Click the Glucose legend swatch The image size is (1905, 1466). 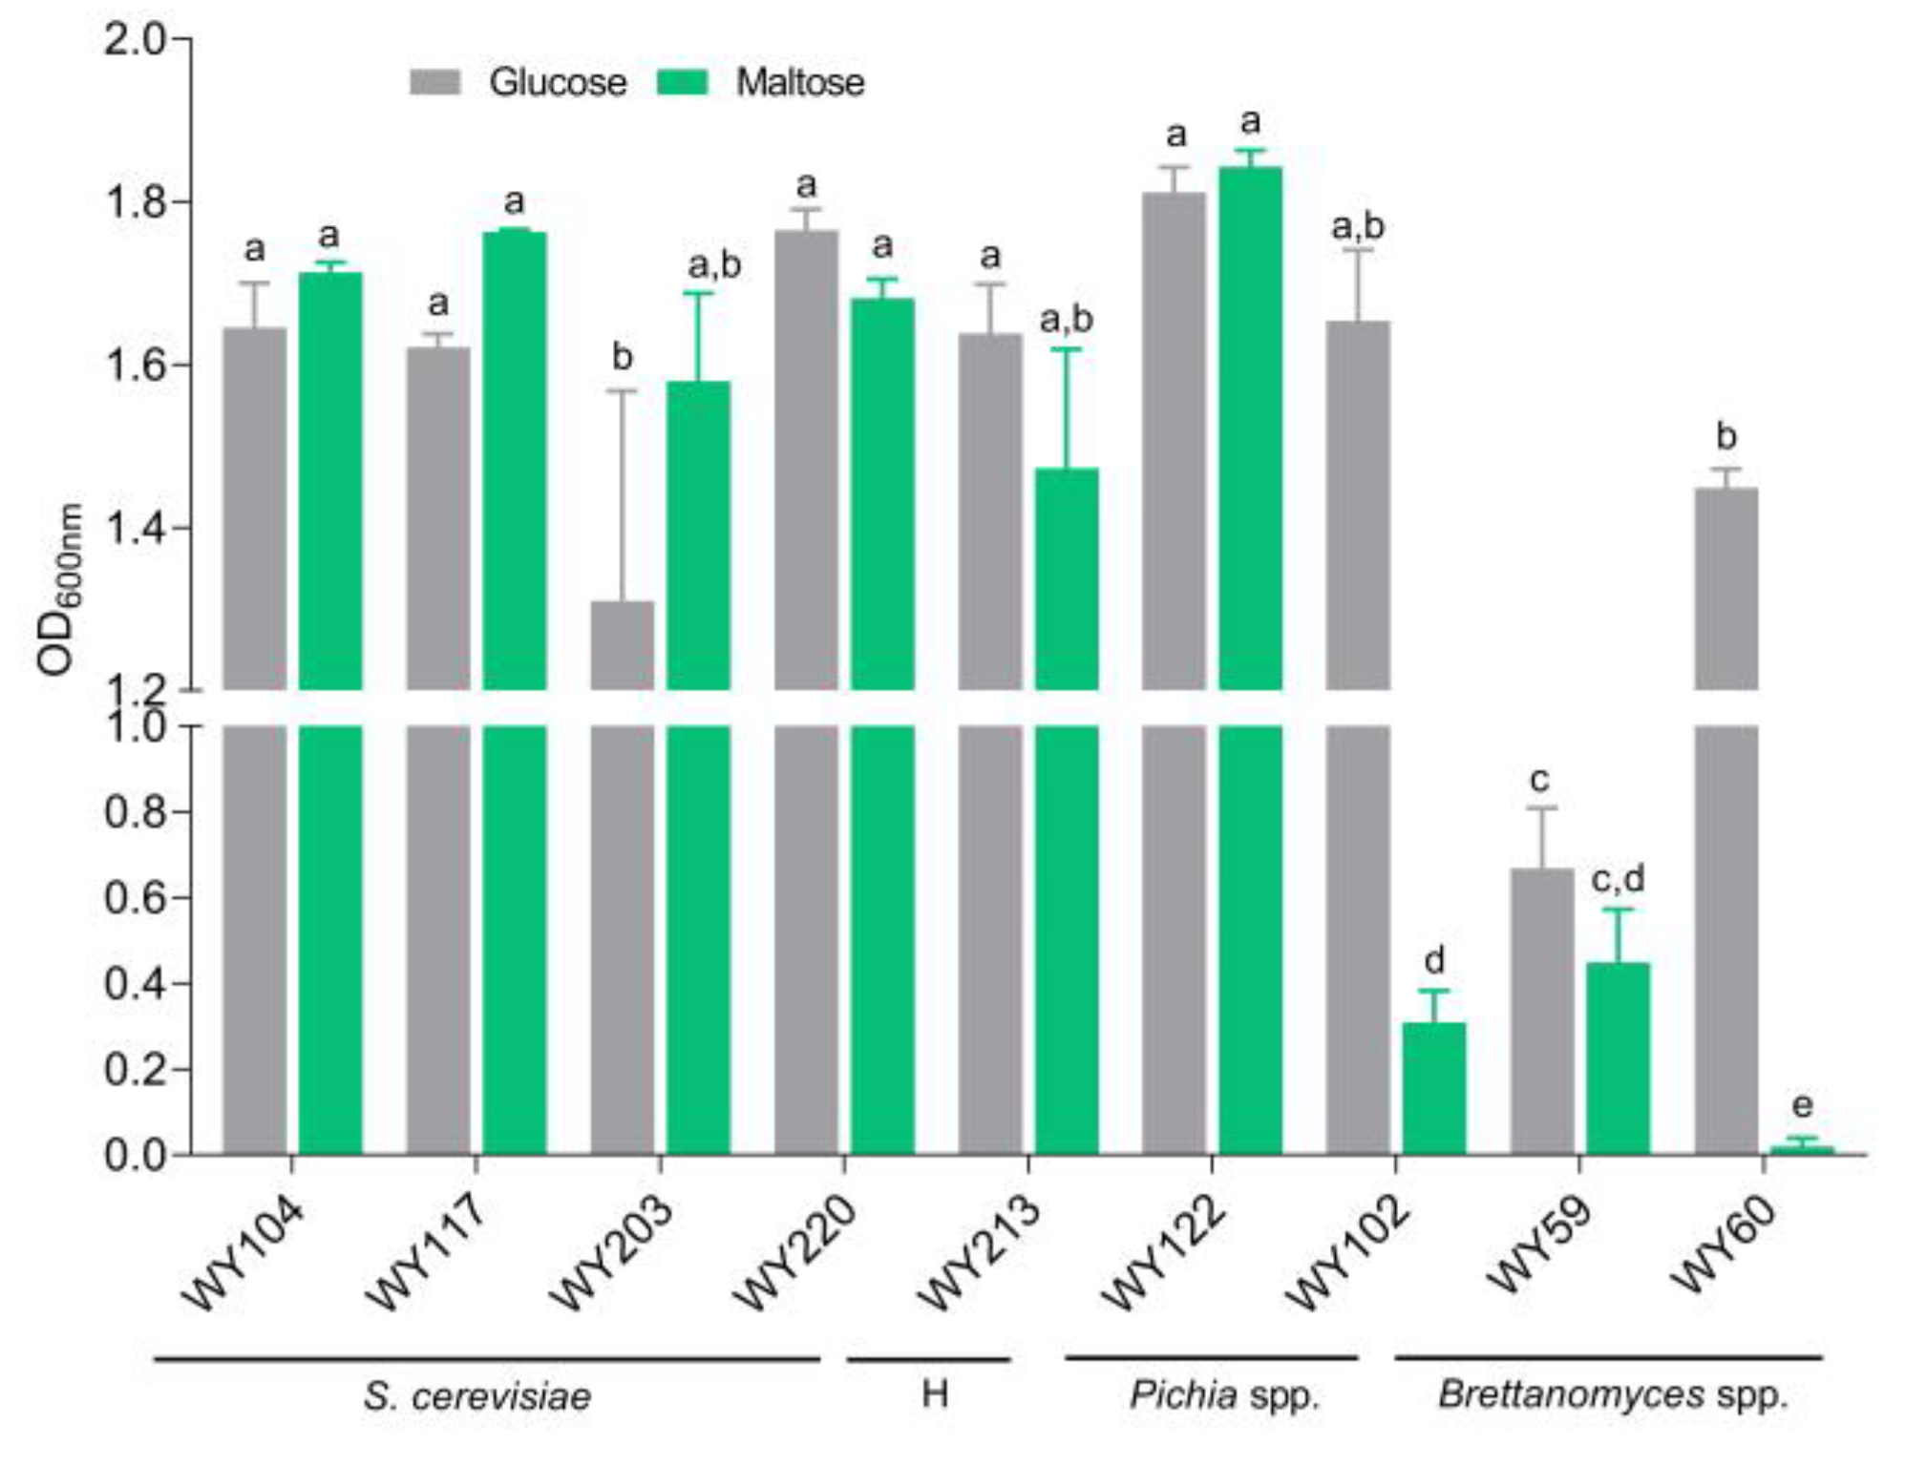click(434, 82)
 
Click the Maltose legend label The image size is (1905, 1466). click(799, 83)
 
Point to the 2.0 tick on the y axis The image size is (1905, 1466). click(181, 39)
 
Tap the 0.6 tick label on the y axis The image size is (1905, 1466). click(134, 898)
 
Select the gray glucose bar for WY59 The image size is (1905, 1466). click(1541, 1012)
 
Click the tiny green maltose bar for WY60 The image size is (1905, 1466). click(1802, 1150)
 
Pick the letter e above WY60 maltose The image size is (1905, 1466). click(1802, 1105)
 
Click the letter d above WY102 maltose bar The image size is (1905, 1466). click(1434, 959)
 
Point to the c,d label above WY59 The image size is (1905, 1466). click(1618, 879)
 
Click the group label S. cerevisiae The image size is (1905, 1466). click(477, 1396)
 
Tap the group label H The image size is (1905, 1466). click(935, 1394)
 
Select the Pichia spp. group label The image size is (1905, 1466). click(1224, 1395)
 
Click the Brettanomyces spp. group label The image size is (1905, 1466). click(1612, 1395)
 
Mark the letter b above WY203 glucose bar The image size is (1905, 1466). click(622, 357)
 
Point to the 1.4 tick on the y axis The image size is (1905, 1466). click(181, 528)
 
